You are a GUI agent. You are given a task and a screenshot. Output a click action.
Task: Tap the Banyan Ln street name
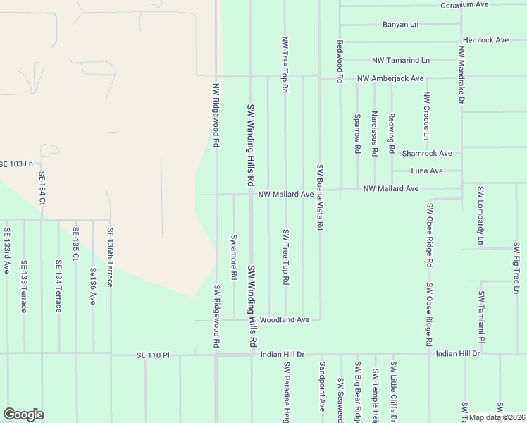pos(400,24)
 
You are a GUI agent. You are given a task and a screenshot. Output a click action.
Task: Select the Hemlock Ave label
pos(485,40)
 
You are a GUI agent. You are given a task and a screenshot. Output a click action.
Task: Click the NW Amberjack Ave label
pos(390,78)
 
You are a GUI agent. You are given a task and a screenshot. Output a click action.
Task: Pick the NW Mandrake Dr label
pos(461,76)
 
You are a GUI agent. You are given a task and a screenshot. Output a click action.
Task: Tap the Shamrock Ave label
pos(426,153)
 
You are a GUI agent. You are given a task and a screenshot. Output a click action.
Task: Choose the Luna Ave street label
pos(427,171)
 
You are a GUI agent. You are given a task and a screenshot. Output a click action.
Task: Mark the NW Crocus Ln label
pos(426,116)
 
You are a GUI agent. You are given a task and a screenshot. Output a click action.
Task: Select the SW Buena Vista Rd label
pos(320,197)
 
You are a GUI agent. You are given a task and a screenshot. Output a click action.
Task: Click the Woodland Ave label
pos(285,320)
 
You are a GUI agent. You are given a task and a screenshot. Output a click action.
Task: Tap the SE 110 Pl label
pos(154,356)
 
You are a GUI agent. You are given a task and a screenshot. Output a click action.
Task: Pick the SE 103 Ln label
pos(16,164)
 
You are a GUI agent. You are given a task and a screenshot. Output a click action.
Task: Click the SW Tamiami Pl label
pos(481,314)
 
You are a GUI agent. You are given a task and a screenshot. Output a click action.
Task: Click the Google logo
pos(23,415)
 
